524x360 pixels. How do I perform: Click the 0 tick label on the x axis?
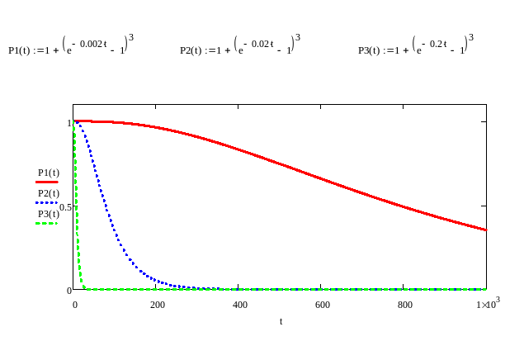pyautogui.click(x=74, y=304)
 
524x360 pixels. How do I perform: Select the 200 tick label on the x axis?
pyautogui.click(x=157, y=304)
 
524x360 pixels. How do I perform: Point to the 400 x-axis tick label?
pyautogui.click(x=239, y=304)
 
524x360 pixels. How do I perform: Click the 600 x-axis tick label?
pyautogui.click(x=322, y=304)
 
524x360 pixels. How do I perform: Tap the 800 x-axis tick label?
pyautogui.click(x=404, y=304)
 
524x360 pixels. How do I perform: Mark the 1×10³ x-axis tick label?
pyautogui.click(x=486, y=304)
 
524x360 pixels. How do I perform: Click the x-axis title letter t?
pyautogui.click(x=280, y=321)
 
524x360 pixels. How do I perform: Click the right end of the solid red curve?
pyautogui.click(x=485, y=230)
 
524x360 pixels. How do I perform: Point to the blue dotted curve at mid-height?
pyautogui.click(x=102, y=206)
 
